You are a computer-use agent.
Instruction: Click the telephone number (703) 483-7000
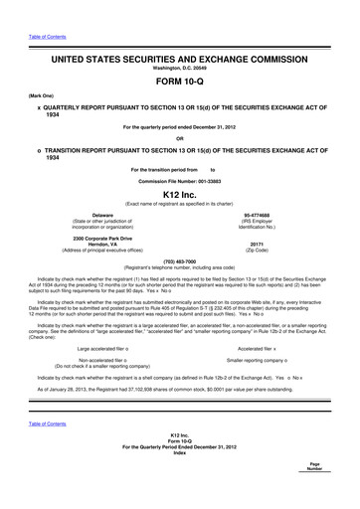click(x=180, y=262)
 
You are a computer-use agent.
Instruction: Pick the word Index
click(x=180, y=481)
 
